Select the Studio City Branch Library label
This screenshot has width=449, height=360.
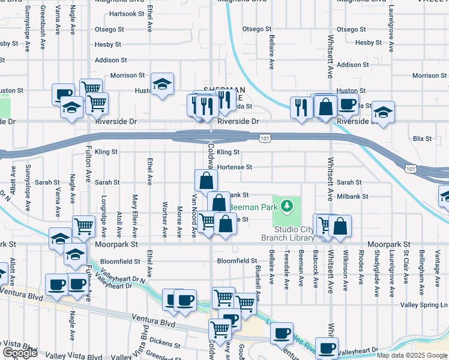[x=294, y=233]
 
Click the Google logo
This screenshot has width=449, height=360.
[x=20, y=353]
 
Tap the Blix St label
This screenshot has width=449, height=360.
[x=423, y=139]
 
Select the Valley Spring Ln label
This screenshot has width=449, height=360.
[x=424, y=305]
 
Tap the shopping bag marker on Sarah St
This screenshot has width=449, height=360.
[x=206, y=179]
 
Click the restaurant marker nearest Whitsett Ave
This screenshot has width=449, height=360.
[x=300, y=107]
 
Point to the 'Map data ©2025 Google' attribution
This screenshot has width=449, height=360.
[x=412, y=355]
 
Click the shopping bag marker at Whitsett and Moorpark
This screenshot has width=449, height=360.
[x=340, y=226]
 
